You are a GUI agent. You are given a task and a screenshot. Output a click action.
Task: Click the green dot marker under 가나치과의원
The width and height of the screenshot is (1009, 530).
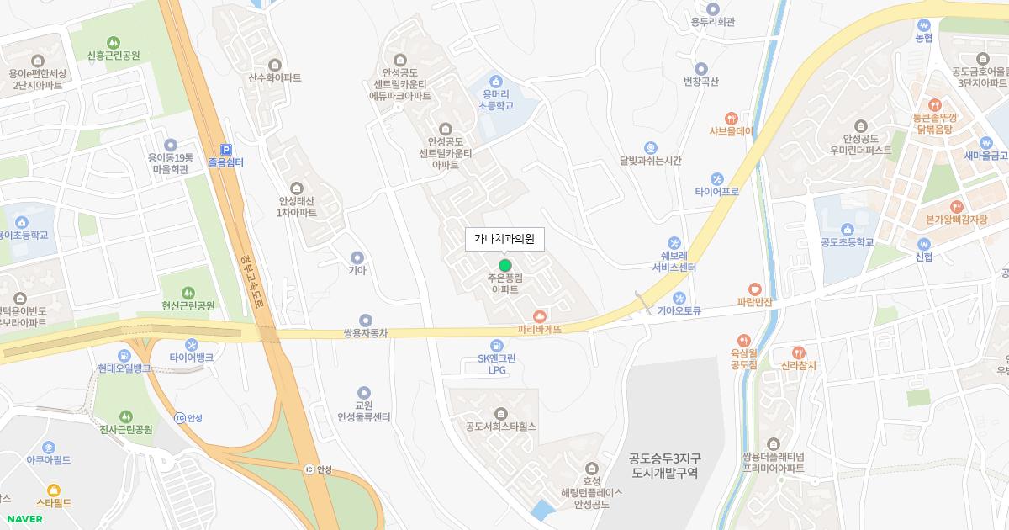(505, 265)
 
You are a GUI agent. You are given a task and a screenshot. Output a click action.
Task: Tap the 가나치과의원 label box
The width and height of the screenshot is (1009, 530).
(504, 239)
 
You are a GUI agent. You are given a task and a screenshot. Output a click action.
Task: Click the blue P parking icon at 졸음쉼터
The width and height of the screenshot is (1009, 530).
(225, 148)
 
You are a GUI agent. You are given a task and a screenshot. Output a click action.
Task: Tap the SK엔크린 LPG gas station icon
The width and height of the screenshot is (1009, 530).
(497, 345)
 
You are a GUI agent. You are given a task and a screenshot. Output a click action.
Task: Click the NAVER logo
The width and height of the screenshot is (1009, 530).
(24, 518)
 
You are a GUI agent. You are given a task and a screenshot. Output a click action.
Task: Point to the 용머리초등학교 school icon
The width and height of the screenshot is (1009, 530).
(497, 82)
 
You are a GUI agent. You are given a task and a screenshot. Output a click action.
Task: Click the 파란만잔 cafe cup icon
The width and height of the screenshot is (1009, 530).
(754, 289)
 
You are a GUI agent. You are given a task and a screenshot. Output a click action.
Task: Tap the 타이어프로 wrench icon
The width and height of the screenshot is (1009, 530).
(716, 178)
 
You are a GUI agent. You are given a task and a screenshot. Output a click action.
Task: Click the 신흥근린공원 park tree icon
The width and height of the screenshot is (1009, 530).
(113, 42)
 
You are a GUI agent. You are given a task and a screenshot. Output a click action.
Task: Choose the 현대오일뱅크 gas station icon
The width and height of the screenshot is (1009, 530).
(124, 355)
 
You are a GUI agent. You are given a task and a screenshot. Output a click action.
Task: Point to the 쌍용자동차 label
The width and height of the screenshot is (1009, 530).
(366, 333)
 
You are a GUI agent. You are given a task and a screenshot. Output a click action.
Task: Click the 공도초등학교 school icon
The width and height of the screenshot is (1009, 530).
(847, 229)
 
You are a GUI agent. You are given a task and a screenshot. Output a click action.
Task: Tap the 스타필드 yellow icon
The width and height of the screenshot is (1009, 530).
(54, 489)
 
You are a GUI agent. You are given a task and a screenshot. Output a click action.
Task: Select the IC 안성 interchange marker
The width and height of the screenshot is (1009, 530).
(309, 469)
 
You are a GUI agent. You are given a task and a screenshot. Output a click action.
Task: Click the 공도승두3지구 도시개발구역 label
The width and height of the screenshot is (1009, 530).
(664, 465)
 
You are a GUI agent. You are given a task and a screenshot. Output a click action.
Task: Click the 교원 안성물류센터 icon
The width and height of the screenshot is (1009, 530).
(364, 392)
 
